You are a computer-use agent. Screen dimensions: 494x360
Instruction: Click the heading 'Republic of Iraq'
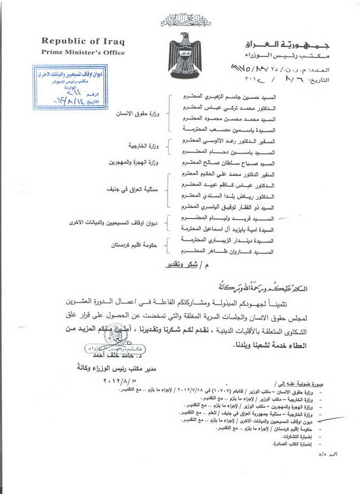pyautogui.click(x=82, y=42)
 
